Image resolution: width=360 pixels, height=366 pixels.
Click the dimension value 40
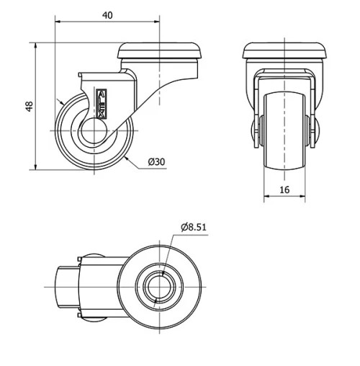[x=106, y=14]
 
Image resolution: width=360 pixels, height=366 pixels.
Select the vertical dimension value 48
[x=29, y=106]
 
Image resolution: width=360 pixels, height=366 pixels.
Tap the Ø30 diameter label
[x=156, y=162]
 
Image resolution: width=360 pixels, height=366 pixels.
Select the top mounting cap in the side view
[x=161, y=52]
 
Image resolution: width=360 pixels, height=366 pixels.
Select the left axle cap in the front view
[x=255, y=133]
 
